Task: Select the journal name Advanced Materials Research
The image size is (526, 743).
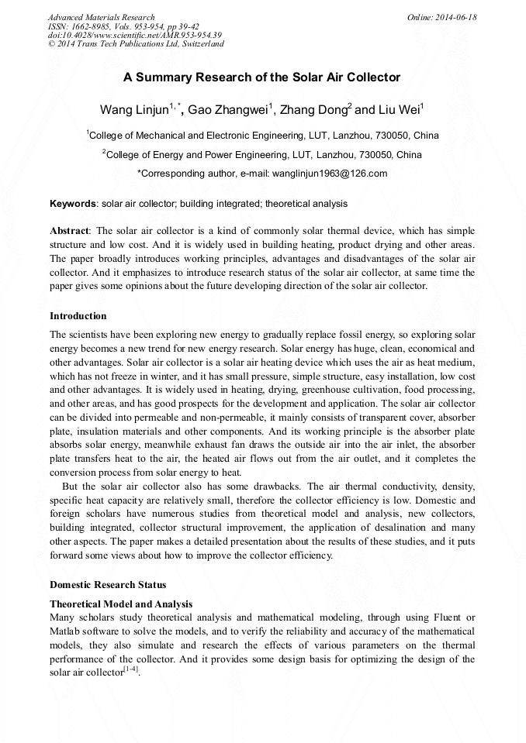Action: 101,17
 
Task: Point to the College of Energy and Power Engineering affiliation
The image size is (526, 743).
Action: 264,154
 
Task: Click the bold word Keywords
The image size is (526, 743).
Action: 73,204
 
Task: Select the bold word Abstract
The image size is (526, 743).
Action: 70,231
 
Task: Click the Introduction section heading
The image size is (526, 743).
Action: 78,316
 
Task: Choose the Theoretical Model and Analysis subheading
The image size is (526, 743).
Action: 121,604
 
